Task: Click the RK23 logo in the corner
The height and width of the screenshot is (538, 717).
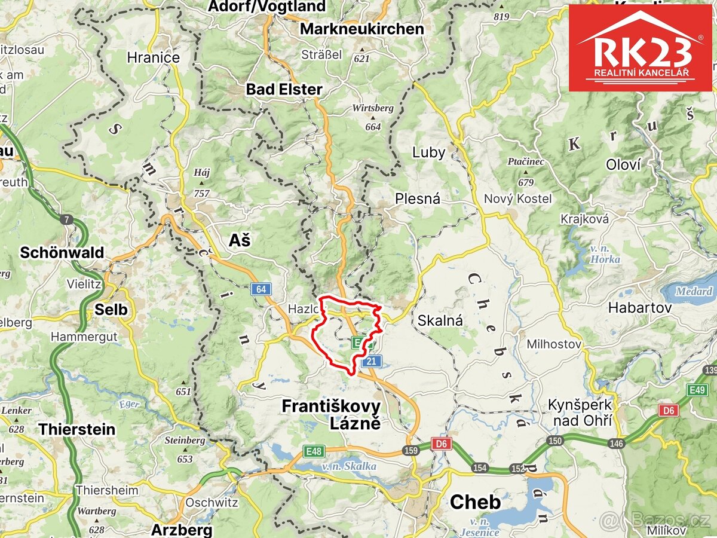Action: pyautogui.click(x=640, y=48)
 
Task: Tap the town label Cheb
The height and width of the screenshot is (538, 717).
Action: pyautogui.click(x=475, y=502)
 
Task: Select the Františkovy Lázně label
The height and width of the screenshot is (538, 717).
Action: pyautogui.click(x=330, y=414)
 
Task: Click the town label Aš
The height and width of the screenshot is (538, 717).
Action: pyautogui.click(x=240, y=240)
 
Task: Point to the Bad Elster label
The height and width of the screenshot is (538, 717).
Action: pyautogui.click(x=284, y=90)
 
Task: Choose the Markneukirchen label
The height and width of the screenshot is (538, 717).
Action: pyautogui.click(x=361, y=29)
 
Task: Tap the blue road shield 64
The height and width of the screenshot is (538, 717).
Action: pyautogui.click(x=261, y=289)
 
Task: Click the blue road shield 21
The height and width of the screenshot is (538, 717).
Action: pyautogui.click(x=371, y=361)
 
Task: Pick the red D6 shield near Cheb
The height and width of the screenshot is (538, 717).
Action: pyautogui.click(x=442, y=444)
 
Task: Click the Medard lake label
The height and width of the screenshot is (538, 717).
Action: pyautogui.click(x=694, y=292)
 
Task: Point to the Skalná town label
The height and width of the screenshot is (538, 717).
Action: pyautogui.click(x=440, y=320)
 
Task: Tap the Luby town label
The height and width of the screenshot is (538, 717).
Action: pyautogui.click(x=428, y=152)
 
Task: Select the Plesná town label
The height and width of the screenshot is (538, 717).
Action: pyautogui.click(x=417, y=198)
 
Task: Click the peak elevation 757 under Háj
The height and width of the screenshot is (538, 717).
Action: pyautogui.click(x=202, y=193)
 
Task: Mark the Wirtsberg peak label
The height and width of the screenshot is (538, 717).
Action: pyautogui.click(x=373, y=108)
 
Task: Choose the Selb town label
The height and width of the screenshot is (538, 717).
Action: pyautogui.click(x=111, y=309)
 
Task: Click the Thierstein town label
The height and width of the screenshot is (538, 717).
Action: pyautogui.click(x=77, y=429)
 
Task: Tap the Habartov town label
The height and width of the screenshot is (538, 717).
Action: pyautogui.click(x=639, y=308)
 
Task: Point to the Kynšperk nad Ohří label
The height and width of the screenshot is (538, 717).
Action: pyautogui.click(x=580, y=412)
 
